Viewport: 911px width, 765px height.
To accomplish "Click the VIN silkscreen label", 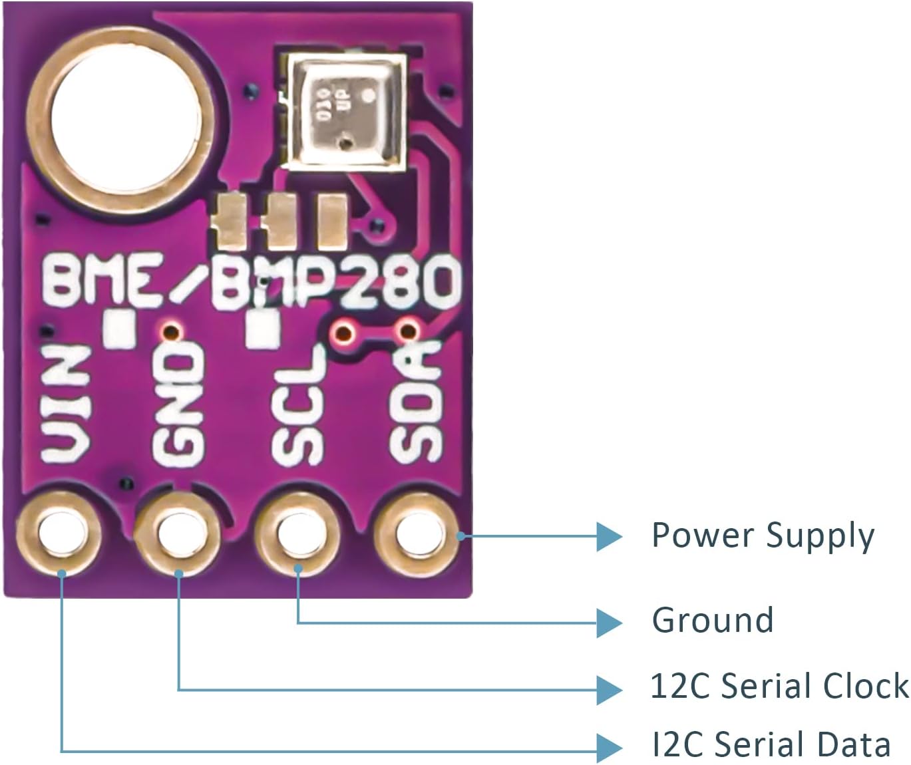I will click(x=67, y=404).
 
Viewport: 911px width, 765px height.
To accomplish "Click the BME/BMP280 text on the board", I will click(x=252, y=282).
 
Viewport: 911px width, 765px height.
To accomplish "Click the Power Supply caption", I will click(x=763, y=536).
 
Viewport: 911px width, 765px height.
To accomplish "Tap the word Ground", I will click(x=712, y=620).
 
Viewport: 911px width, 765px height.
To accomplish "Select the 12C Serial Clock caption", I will click(x=779, y=687).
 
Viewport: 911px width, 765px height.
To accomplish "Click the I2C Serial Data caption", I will click(x=771, y=745).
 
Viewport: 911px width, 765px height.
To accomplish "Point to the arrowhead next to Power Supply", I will click(x=608, y=536).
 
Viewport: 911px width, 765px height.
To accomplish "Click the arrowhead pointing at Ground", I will click(x=608, y=623).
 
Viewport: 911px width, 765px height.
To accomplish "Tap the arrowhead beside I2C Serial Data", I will click(x=608, y=748).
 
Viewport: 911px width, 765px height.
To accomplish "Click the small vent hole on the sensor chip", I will click(x=345, y=142).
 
